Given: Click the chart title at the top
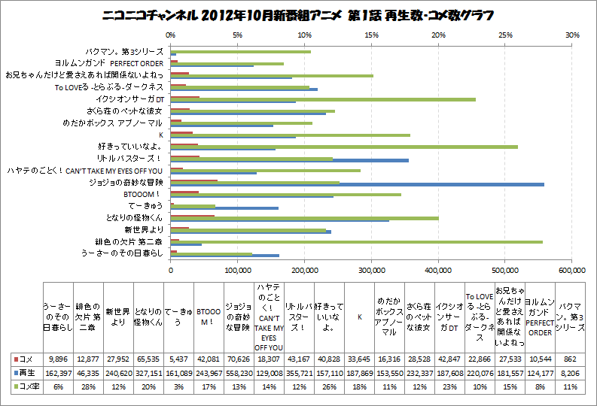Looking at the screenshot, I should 299,16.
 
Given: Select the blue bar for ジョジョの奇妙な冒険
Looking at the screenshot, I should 358,184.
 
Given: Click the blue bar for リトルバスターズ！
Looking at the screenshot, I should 290,160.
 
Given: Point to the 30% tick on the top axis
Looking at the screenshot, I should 572,35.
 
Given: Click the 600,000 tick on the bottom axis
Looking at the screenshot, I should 572,269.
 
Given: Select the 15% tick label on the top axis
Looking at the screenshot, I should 372,35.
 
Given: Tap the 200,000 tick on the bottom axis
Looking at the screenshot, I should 305,269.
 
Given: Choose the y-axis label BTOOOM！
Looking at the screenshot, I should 142,194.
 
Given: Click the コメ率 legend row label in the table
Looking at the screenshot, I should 27,386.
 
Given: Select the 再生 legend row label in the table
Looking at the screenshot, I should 27,373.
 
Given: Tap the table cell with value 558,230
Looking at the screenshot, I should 238,373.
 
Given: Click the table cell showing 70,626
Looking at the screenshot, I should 238,359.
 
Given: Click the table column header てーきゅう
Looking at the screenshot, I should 178,317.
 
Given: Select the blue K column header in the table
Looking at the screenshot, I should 358,317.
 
